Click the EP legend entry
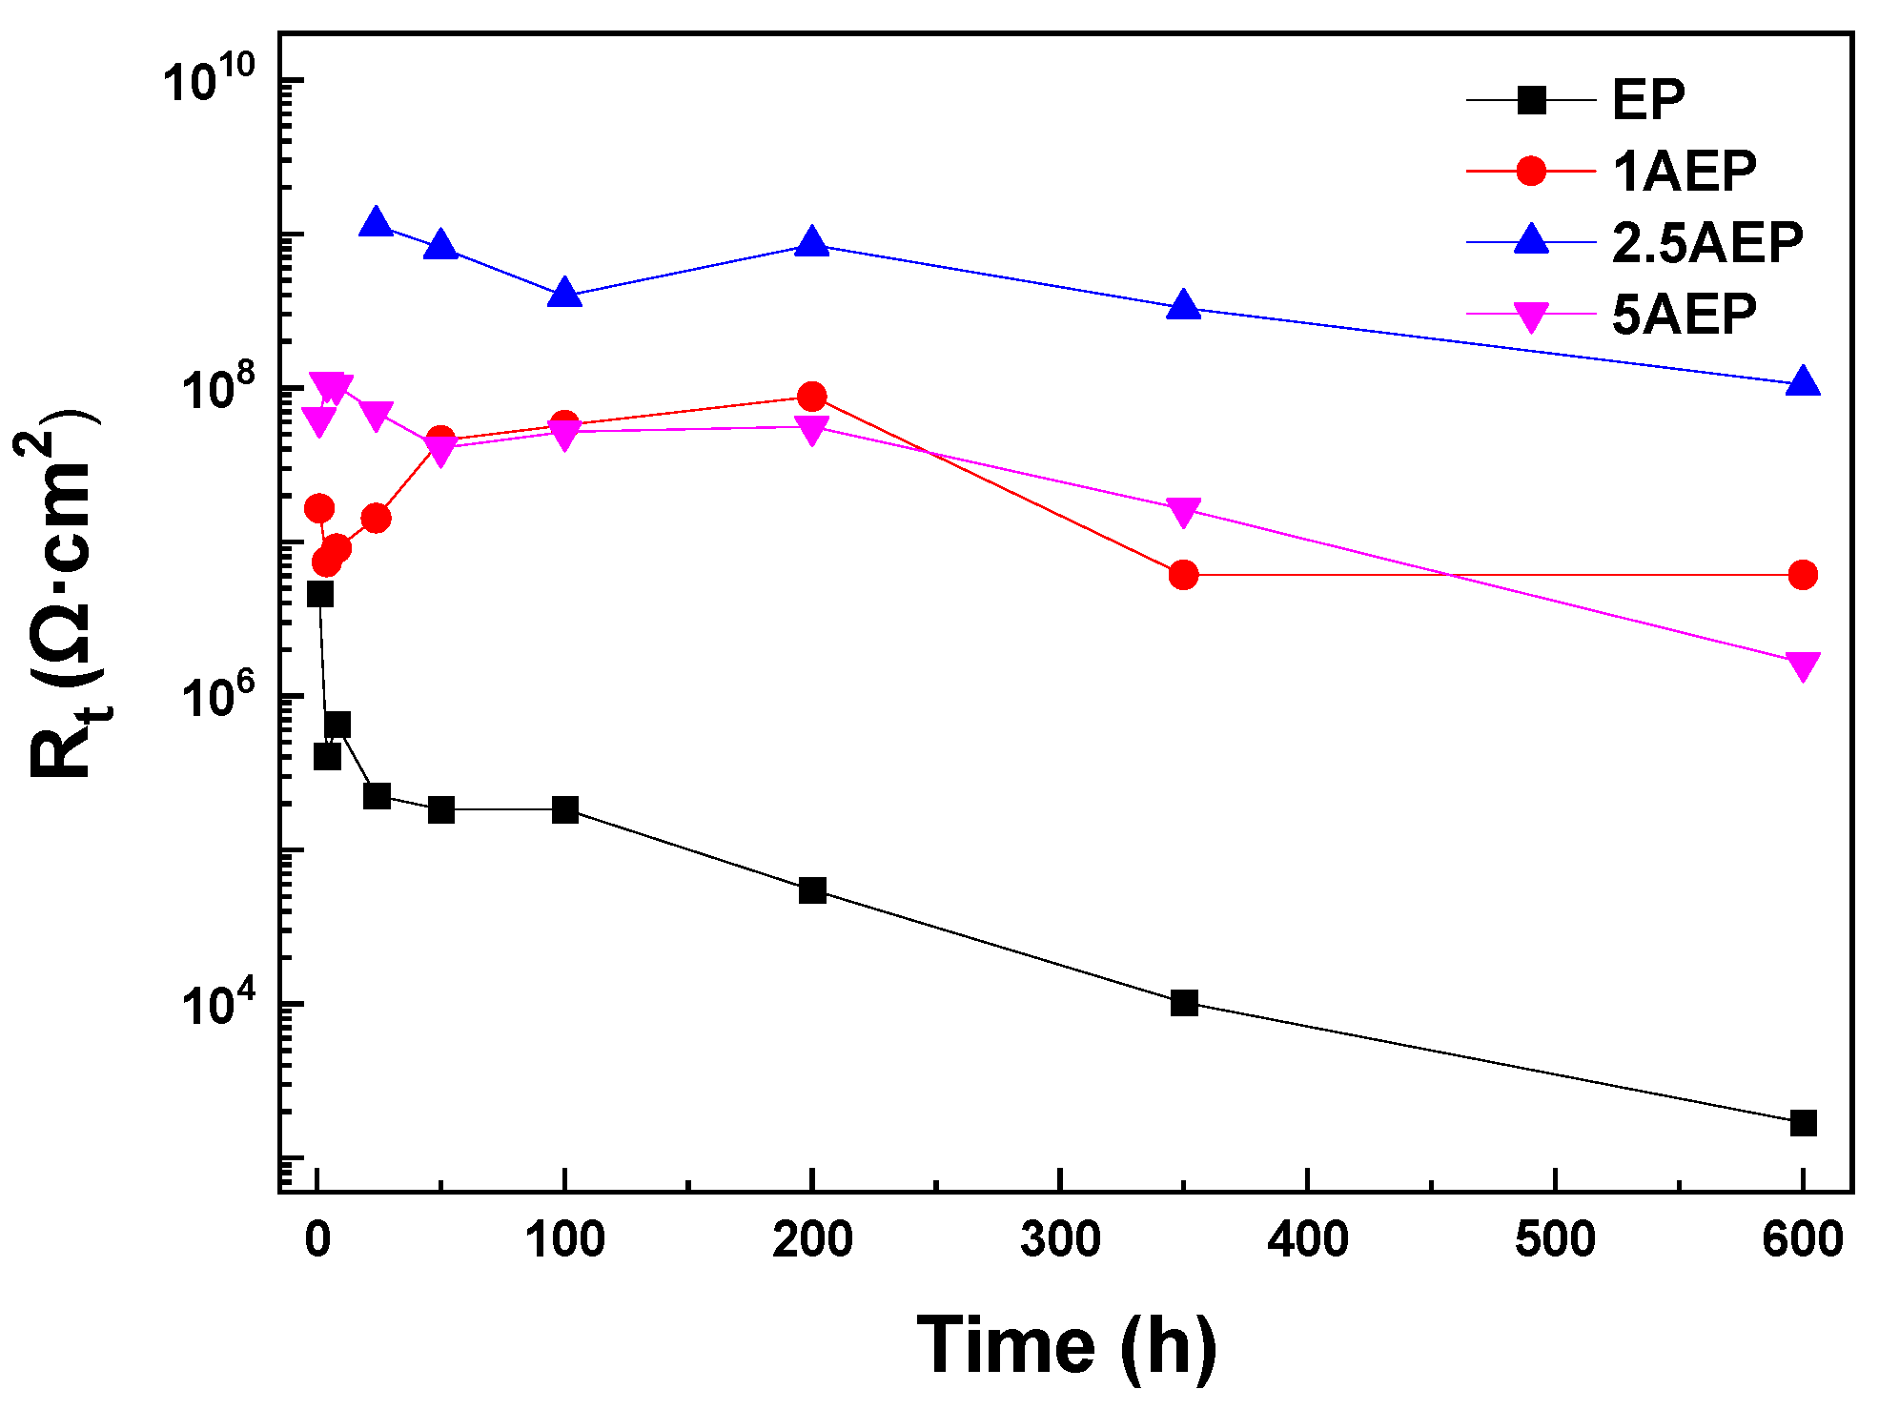point(1647,99)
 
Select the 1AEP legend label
point(1684,172)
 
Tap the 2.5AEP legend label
point(1706,243)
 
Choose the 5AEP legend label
point(1684,315)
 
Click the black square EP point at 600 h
point(1803,1123)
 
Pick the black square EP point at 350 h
point(1184,1003)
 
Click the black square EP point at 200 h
point(812,890)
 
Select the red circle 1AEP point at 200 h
point(812,397)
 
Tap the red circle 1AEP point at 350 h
point(1184,575)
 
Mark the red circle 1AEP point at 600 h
point(1803,575)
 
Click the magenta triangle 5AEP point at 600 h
point(1803,665)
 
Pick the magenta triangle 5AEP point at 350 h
point(1184,512)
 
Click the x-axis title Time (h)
point(1066,1345)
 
